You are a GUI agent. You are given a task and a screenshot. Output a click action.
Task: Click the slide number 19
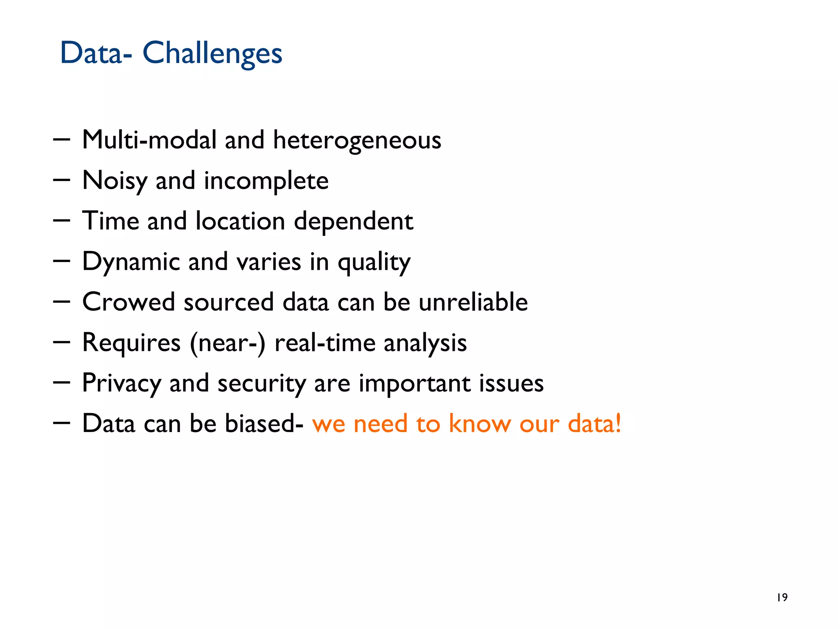tap(782, 597)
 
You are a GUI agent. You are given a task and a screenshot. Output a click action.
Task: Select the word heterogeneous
tap(357, 140)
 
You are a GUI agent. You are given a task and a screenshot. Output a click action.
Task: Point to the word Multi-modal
tap(149, 140)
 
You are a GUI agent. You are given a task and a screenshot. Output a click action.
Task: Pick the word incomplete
tap(266, 181)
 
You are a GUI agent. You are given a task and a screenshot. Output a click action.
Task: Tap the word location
tap(240, 221)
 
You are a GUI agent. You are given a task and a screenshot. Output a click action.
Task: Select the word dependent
tap(354, 222)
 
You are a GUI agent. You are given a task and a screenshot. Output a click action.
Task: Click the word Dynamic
tap(131, 262)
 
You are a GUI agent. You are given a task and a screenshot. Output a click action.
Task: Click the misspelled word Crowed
tap(128, 302)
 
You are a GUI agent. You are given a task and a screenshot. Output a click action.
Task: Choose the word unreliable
tap(473, 302)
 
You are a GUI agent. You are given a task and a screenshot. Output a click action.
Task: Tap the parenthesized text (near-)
tap(228, 343)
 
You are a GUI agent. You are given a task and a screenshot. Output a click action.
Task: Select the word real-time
tap(325, 343)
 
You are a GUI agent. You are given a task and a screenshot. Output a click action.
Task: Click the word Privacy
tap(122, 384)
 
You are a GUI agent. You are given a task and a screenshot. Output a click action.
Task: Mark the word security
tap(261, 384)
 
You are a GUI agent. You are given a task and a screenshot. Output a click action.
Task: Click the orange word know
tap(480, 423)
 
